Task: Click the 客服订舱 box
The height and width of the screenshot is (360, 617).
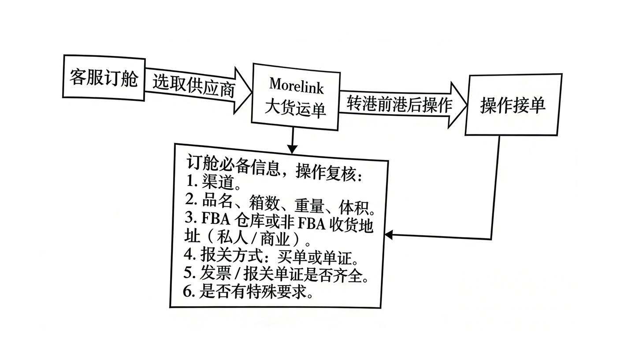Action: coord(104,78)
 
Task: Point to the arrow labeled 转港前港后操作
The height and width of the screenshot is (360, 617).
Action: coord(399,104)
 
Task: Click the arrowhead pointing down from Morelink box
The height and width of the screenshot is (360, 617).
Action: coord(292,148)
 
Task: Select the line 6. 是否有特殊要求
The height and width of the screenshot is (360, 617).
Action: coord(249,292)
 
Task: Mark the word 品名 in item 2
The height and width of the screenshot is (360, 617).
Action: coord(216,200)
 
